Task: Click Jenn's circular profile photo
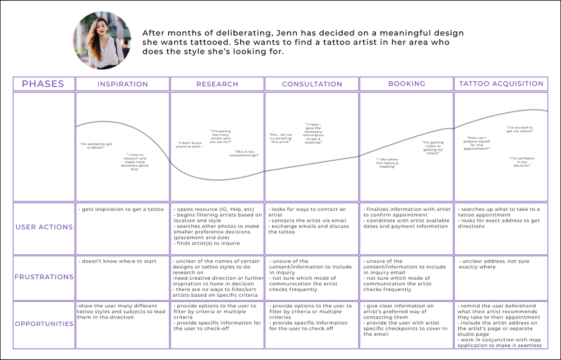point(102,40)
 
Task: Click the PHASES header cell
point(43,84)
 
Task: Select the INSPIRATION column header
point(122,84)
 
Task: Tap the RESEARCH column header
point(217,84)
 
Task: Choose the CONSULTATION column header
point(312,84)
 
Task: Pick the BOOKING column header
point(406,84)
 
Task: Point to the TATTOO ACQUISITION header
point(501,84)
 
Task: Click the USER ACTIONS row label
point(44,227)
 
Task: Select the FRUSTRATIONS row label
point(44,277)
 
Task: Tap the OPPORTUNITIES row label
point(44,324)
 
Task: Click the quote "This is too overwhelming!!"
point(247,153)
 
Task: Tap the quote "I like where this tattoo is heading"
point(387,163)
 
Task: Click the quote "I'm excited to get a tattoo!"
point(96,146)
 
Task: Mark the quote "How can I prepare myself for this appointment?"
point(479,143)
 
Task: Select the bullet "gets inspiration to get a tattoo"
point(122,210)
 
